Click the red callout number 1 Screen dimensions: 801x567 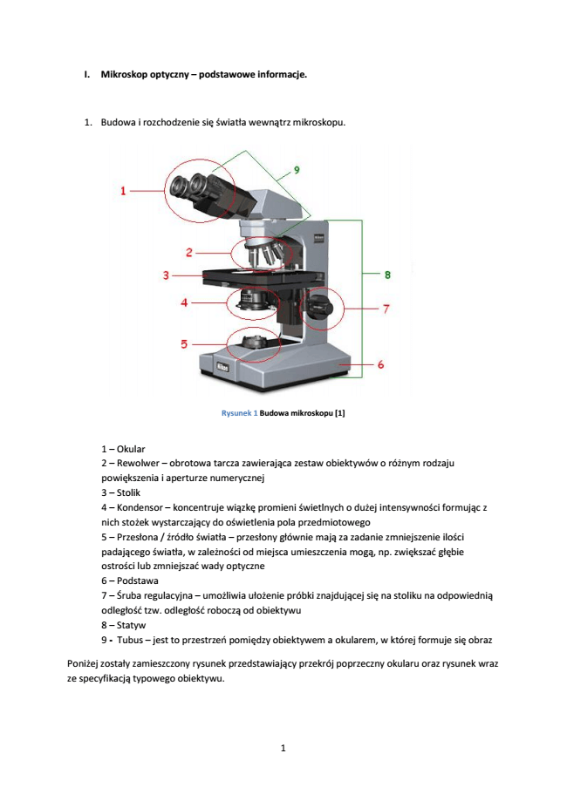pyautogui.click(x=123, y=190)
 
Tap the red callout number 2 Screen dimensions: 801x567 pyautogui.click(x=188, y=253)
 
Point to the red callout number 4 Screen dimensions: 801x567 pyautogui.click(x=184, y=302)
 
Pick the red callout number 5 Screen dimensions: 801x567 pyautogui.click(x=184, y=344)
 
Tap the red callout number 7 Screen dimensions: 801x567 pyautogui.click(x=386, y=309)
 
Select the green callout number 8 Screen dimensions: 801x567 pyautogui.click(x=387, y=275)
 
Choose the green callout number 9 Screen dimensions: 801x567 pyautogui.click(x=297, y=168)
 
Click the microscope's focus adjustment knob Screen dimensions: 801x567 pyautogui.click(x=319, y=308)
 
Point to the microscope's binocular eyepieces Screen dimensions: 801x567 pyautogui.click(x=201, y=187)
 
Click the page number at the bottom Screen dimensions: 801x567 pyautogui.click(x=283, y=749)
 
